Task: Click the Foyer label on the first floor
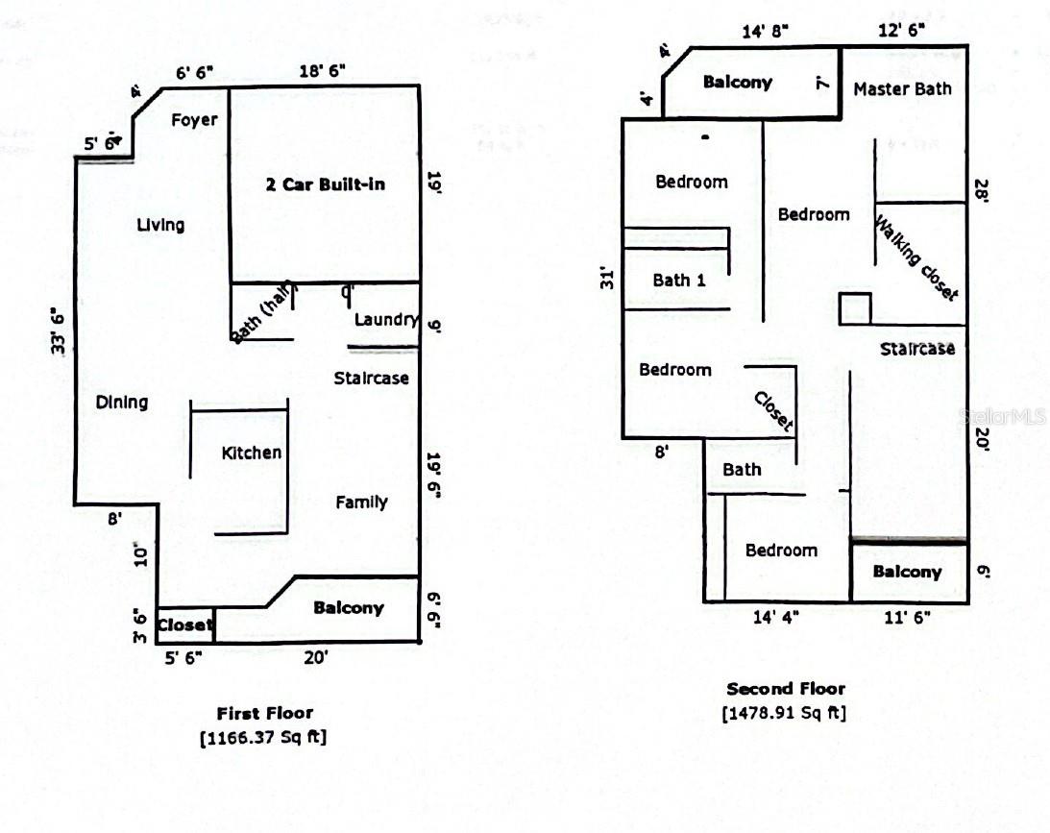tap(194, 120)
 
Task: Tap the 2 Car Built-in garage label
tap(325, 184)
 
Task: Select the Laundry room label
tap(386, 320)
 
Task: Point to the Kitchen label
tap(251, 453)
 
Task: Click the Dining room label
tap(122, 403)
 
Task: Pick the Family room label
tap(361, 502)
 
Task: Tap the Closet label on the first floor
tap(184, 625)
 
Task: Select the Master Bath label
tap(902, 88)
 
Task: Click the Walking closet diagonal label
tap(916, 257)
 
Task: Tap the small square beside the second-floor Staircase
tap(855, 308)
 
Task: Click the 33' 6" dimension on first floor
tap(58, 331)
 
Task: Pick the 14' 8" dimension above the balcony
tap(766, 31)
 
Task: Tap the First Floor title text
tap(264, 713)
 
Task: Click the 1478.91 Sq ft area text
tap(784, 713)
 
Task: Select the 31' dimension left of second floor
tap(606, 281)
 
